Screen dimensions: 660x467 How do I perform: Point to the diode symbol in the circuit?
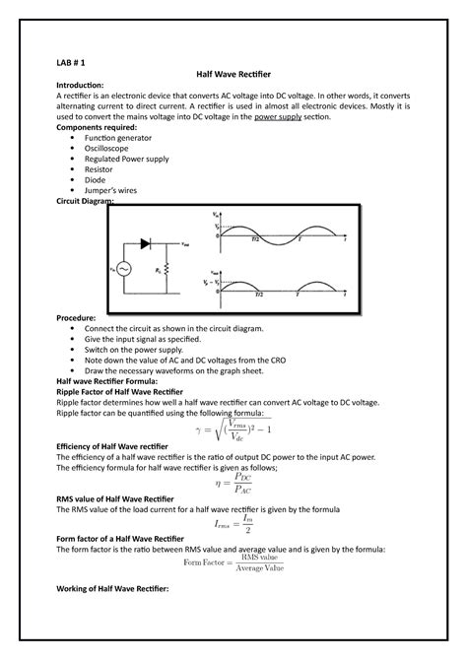pos(147,242)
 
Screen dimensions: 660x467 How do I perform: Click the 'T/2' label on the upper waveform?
pos(256,239)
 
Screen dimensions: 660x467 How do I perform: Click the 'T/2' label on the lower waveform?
pos(258,294)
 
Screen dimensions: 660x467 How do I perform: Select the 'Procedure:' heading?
pos(77,319)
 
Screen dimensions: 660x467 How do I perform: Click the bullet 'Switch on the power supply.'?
pos(145,350)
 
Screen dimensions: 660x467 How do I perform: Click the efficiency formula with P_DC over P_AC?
pos(233,484)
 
